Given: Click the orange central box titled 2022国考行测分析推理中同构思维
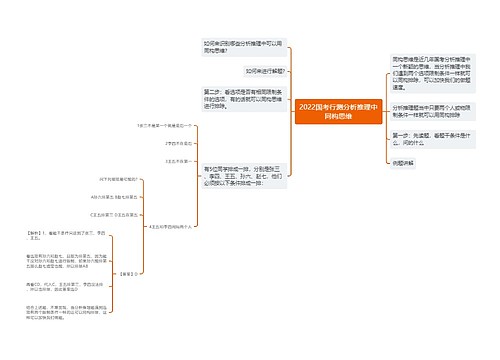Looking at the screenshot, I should coord(339,110).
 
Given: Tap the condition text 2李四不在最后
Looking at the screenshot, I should coord(176,143).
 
